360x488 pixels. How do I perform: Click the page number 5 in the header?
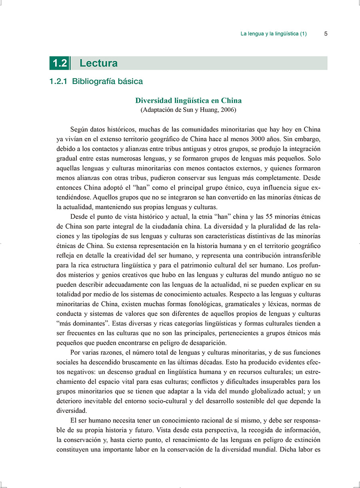[326, 34]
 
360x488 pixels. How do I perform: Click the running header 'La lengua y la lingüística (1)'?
[274, 34]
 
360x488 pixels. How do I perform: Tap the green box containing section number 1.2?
[60, 63]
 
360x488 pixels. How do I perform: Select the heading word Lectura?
[98, 63]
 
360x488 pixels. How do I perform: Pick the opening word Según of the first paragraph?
[79, 130]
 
